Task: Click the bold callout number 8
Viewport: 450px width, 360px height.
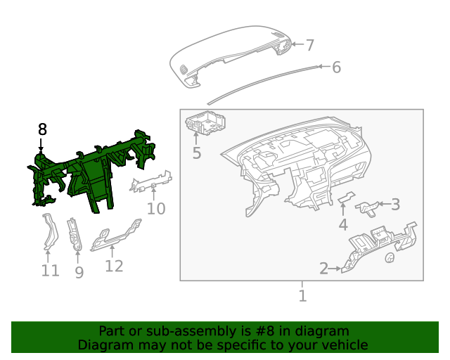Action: pos(42,129)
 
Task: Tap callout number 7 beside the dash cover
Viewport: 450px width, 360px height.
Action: pos(310,45)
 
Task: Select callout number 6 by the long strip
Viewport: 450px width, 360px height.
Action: pos(336,67)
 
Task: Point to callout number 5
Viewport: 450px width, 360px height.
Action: pos(197,153)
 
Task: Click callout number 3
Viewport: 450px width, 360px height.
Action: pos(395,205)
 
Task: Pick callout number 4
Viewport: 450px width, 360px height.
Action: pos(343,224)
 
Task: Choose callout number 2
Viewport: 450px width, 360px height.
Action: pos(323,269)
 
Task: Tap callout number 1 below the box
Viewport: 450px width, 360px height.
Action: pos(302,296)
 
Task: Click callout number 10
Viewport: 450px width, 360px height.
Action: pos(156,209)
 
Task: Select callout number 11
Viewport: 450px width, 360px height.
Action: pos(51,271)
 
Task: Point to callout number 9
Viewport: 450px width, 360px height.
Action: pos(79,272)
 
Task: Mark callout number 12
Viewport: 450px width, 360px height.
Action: pos(114,266)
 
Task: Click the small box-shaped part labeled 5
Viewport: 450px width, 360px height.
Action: pos(205,122)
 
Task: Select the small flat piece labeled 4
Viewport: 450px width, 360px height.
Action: pos(346,197)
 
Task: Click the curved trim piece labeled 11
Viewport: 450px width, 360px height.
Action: pos(51,231)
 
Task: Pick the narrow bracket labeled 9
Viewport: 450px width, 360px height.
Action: pos(75,235)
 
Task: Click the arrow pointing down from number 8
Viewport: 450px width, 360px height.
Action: pos(41,145)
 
